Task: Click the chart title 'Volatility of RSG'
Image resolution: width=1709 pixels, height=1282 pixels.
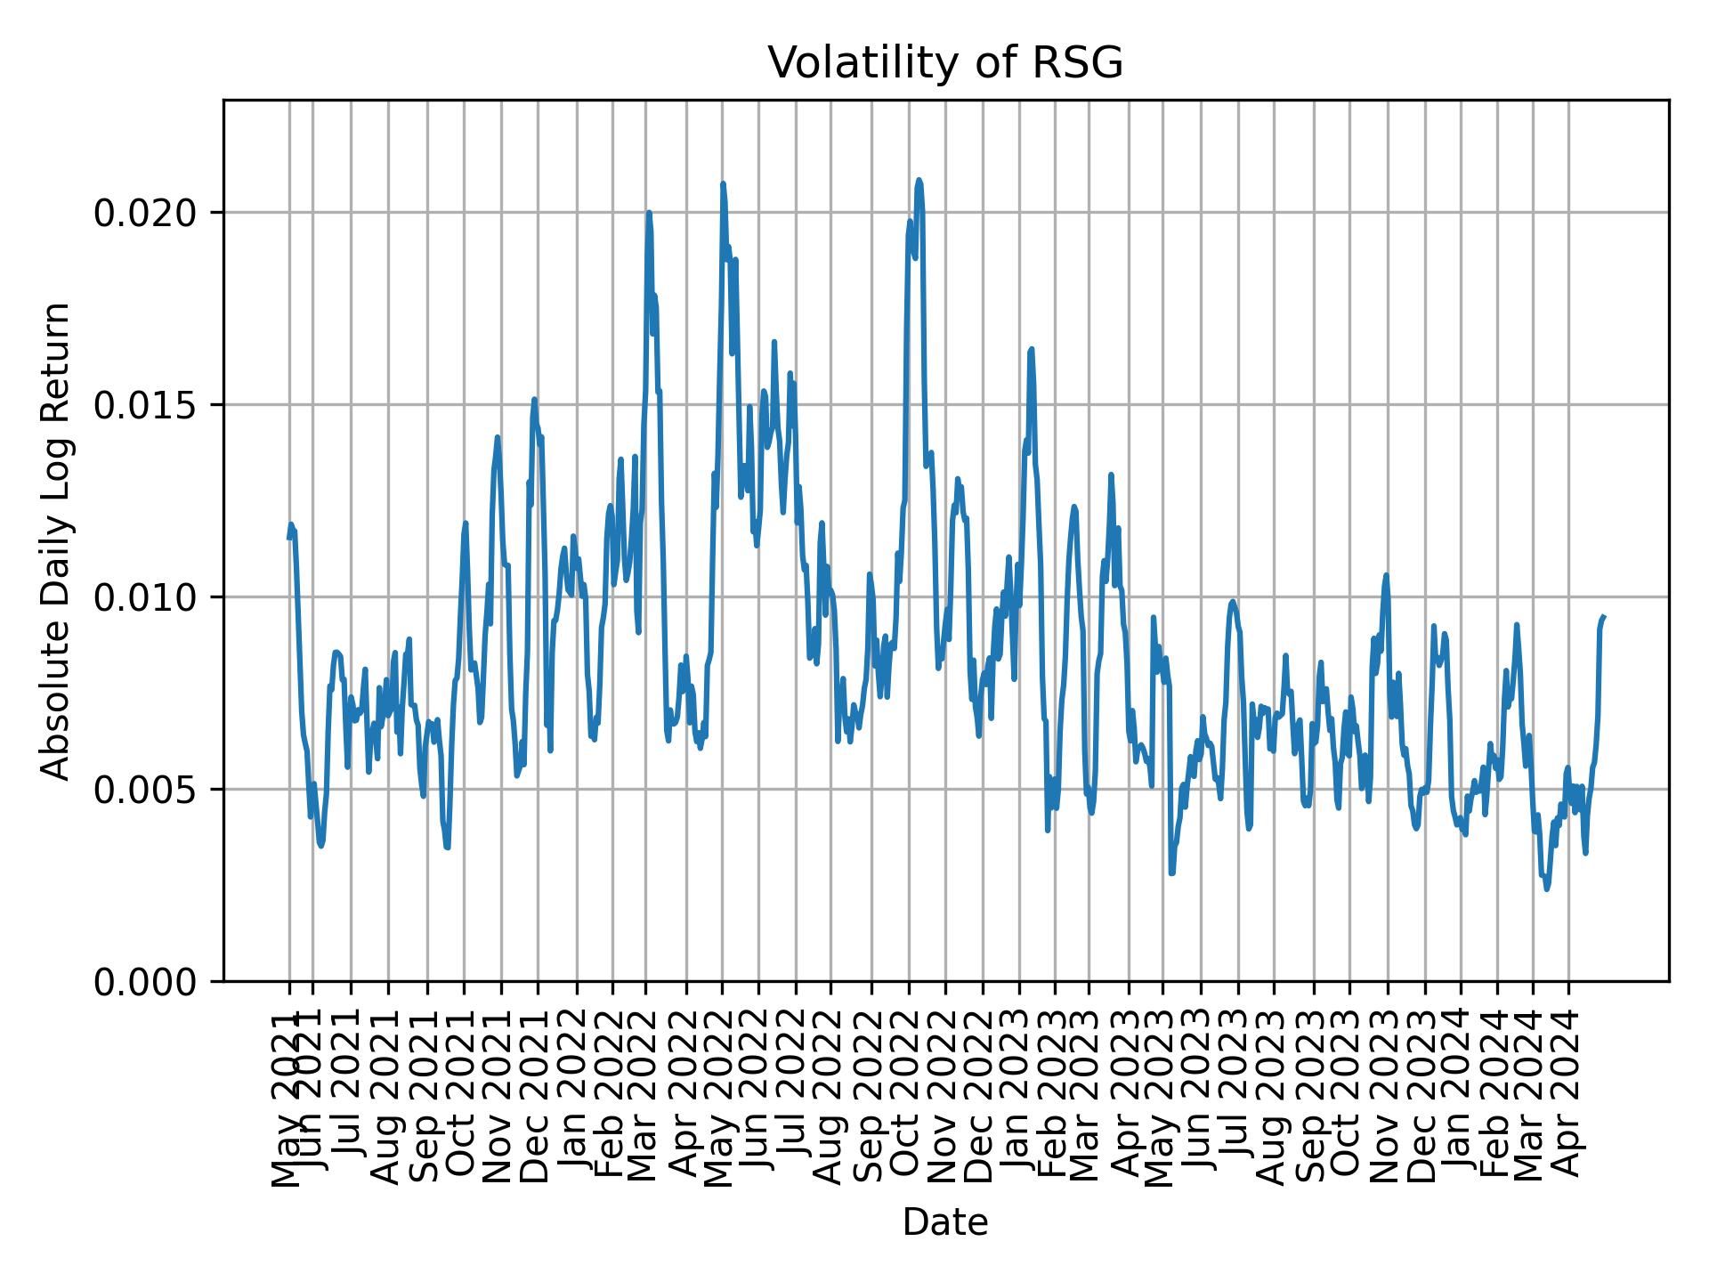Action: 945,63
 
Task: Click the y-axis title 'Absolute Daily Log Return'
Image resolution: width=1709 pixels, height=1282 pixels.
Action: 57,540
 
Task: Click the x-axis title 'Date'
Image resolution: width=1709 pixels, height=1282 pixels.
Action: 945,1222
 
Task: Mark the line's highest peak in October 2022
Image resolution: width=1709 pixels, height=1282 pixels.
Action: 919,180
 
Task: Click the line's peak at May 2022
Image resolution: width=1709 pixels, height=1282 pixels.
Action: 723,183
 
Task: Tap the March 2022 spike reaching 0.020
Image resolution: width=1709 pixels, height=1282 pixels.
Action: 649,212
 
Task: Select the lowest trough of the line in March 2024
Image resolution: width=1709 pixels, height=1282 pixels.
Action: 1547,888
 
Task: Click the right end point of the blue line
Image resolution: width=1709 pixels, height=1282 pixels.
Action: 1603,616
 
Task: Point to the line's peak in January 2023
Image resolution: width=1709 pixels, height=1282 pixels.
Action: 1031,349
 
